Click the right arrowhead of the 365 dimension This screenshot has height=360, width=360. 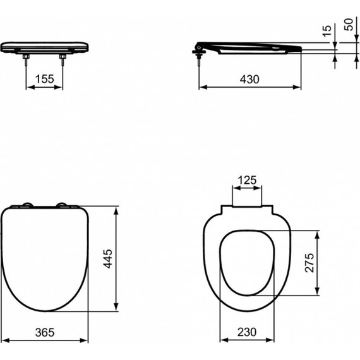[x=86, y=340]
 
